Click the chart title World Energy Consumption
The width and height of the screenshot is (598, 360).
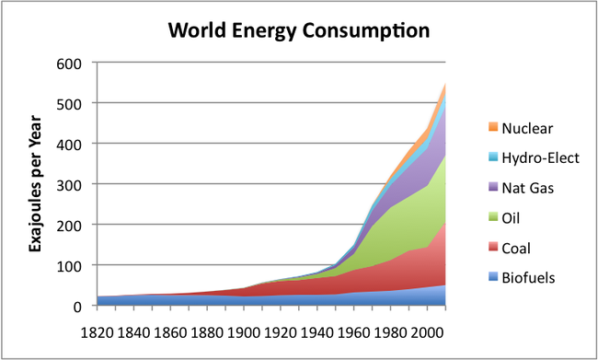pos(298,30)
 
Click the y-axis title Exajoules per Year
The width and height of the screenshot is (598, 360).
pos(36,184)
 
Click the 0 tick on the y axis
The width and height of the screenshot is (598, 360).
pos(83,306)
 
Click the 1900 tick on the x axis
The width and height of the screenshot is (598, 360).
pos(244,329)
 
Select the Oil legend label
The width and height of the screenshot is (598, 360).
pos(526,218)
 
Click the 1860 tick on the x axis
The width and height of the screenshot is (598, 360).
pos(170,329)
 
